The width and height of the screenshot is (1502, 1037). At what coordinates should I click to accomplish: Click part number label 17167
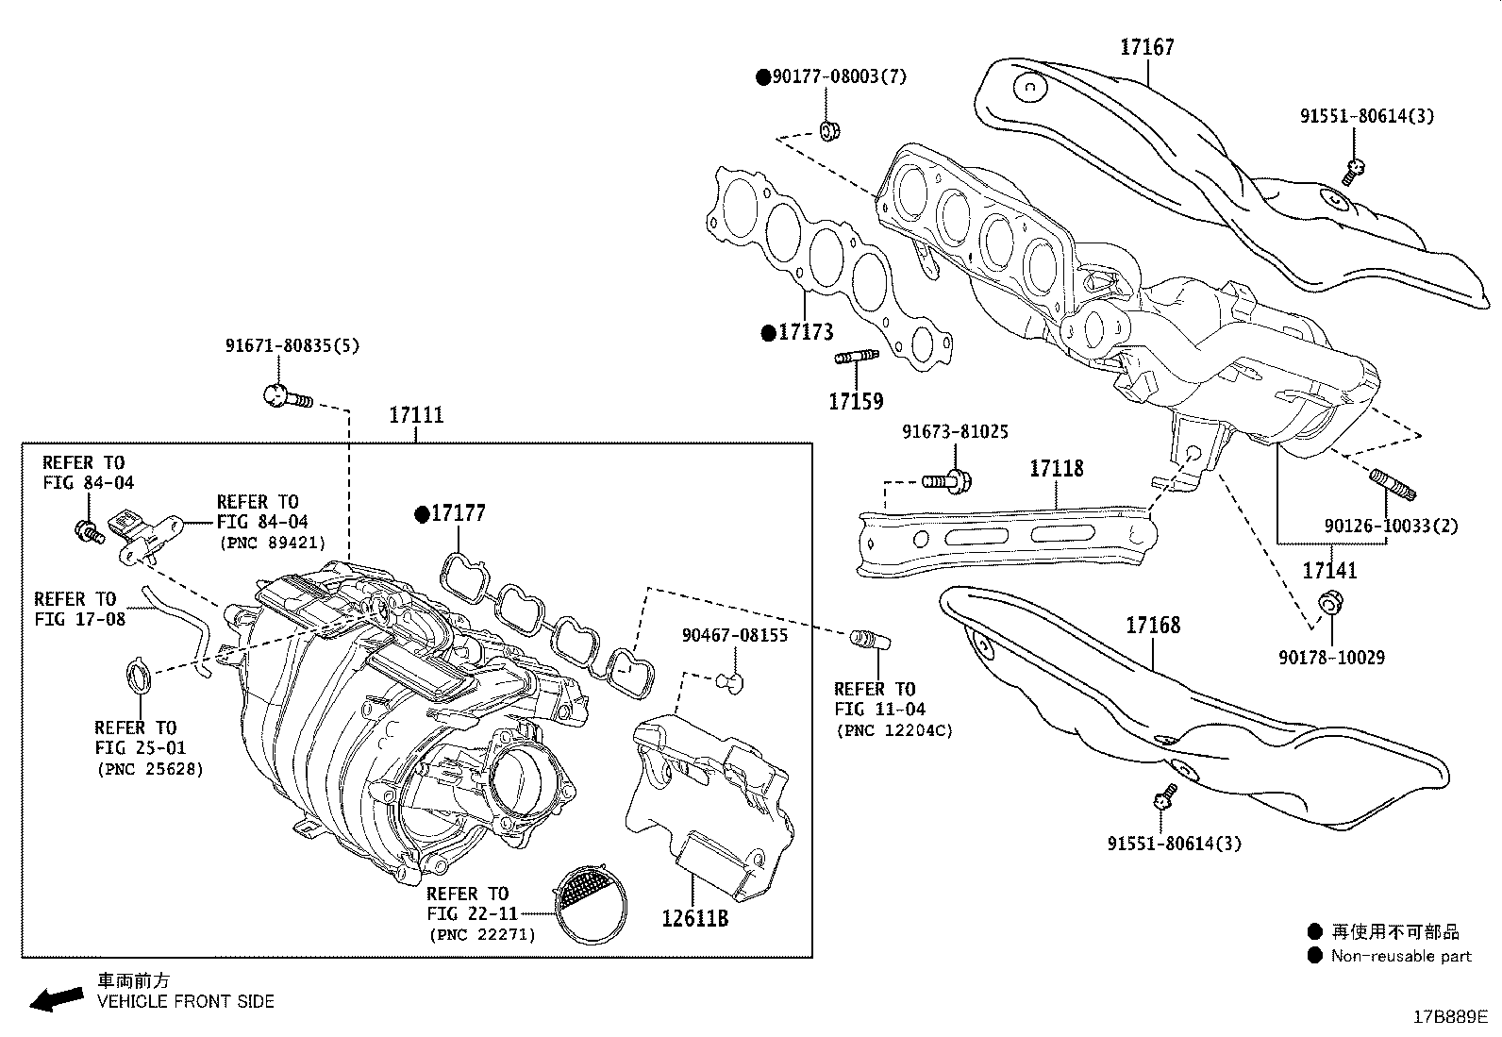pyautogui.click(x=1147, y=46)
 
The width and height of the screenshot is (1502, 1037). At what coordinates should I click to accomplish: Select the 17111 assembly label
pyautogui.click(x=416, y=415)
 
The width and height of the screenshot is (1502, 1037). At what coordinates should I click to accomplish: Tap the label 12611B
pyautogui.click(x=694, y=917)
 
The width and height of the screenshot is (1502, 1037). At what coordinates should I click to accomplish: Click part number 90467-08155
pyautogui.click(x=734, y=635)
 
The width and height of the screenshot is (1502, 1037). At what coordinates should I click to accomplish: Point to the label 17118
pyautogui.click(x=1056, y=468)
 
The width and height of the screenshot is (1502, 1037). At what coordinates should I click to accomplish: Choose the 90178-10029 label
pyautogui.click(x=1331, y=657)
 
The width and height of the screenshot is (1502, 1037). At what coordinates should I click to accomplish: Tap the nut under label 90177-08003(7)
pyautogui.click(x=829, y=130)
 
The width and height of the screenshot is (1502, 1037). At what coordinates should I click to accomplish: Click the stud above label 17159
pyautogui.click(x=856, y=356)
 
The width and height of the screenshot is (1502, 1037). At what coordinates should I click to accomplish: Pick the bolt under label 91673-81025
pyautogui.click(x=946, y=481)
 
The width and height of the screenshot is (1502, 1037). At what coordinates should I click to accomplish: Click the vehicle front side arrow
pyautogui.click(x=56, y=998)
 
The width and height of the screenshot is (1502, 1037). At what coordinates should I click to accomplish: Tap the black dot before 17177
pyautogui.click(x=422, y=514)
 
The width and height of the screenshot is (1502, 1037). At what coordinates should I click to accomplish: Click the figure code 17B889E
pyautogui.click(x=1449, y=1016)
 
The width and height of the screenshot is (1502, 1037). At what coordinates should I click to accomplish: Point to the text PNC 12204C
pyautogui.click(x=893, y=730)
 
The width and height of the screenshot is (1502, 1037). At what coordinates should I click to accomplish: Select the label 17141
pyautogui.click(x=1329, y=570)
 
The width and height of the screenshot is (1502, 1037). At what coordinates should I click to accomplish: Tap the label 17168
pyautogui.click(x=1152, y=625)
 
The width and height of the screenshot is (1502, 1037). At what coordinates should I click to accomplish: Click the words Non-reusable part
pyautogui.click(x=1400, y=956)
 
